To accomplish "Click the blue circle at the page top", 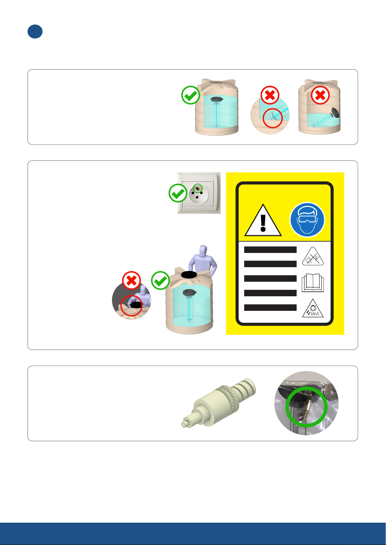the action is coord(35,32).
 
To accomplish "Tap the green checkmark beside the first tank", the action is coord(190,95).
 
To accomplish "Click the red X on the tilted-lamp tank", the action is coord(320,95).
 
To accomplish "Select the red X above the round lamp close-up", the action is coord(270,95).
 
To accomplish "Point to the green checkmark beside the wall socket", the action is coord(178,193).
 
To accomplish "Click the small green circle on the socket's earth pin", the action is coord(198,188).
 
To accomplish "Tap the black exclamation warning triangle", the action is coord(263,221).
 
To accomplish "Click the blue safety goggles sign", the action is coord(307,220).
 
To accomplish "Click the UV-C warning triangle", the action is coord(313,309).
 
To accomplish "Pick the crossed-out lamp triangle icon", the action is coord(313,257).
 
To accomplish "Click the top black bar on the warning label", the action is coord(270,250).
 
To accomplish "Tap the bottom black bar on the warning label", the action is coord(270,308).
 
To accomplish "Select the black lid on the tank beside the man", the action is coord(189,275).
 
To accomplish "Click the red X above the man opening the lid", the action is coord(131,280).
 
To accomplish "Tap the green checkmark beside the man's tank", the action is coord(160,280).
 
